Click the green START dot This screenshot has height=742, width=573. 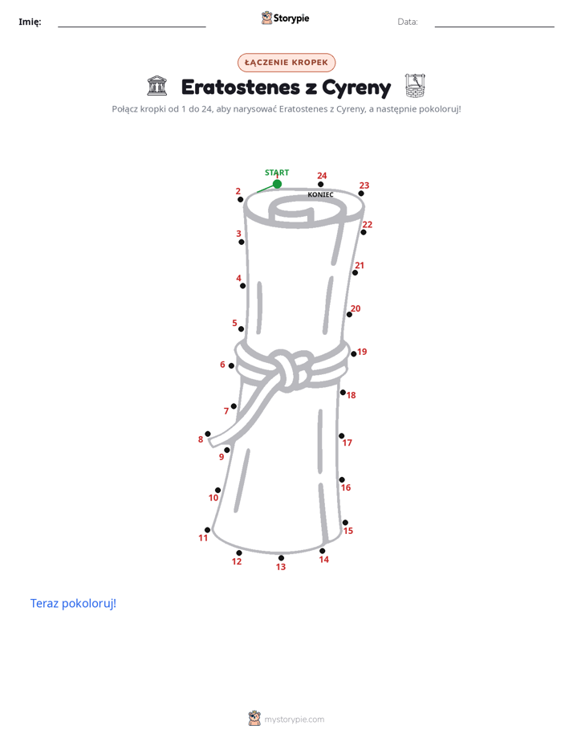277,184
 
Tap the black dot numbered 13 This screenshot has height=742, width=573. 281,558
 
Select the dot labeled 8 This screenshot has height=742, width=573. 208,434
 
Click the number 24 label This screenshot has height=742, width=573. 322,176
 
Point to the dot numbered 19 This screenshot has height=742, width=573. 354,354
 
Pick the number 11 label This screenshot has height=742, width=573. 203,538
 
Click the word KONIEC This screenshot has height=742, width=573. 320,194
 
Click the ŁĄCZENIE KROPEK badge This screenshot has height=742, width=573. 286,63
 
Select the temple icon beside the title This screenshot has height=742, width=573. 157,86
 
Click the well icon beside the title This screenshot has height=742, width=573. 415,86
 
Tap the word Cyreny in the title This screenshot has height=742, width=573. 356,88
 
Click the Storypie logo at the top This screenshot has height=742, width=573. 285,18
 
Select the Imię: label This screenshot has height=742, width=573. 30,22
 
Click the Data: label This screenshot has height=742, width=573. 408,22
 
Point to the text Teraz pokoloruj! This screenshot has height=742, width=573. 73,603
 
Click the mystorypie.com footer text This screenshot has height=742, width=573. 294,720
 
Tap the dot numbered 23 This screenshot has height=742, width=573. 361,194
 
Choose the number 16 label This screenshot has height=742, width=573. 346,487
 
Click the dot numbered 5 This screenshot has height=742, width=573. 241,329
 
